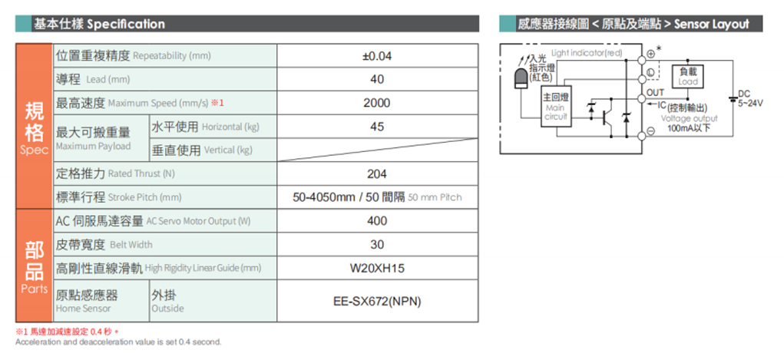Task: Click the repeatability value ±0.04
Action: coord(377,56)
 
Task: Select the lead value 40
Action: coord(378,80)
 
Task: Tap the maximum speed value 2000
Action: coord(377,103)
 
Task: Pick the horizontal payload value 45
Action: coord(378,127)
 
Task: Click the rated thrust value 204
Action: coord(377,174)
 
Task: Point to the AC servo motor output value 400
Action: coord(377,221)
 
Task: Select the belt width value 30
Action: coord(378,245)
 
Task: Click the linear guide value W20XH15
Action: coord(377,269)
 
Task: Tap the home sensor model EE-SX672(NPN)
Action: coord(377,302)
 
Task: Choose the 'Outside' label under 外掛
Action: coord(167,309)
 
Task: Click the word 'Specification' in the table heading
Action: coord(125,24)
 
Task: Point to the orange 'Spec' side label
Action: coord(34,150)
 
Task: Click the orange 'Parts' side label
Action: coord(34,289)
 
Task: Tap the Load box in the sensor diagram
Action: coord(688,77)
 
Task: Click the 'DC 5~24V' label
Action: coord(750,98)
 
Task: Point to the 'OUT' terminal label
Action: coord(655,93)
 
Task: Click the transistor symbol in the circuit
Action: coord(607,117)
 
